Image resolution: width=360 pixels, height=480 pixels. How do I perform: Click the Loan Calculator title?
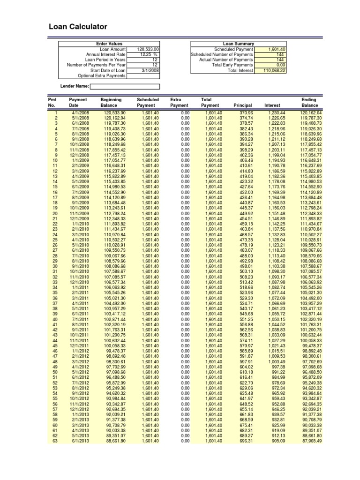pyautogui.click(x=78, y=27)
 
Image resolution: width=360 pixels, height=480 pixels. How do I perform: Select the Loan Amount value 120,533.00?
pyautogui.click(x=148, y=49)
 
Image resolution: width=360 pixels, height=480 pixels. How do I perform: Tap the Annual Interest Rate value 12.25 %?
pyautogui.click(x=147, y=54)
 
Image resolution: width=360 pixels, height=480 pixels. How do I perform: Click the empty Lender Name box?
pyautogui.click(x=125, y=86)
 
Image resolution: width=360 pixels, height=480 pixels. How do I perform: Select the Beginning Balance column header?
pyautogui.click(x=111, y=103)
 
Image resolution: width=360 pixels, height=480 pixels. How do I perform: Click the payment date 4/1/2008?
pyautogui.click(x=78, y=113)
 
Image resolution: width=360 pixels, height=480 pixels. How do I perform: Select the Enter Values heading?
pyautogui.click(x=109, y=44)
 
